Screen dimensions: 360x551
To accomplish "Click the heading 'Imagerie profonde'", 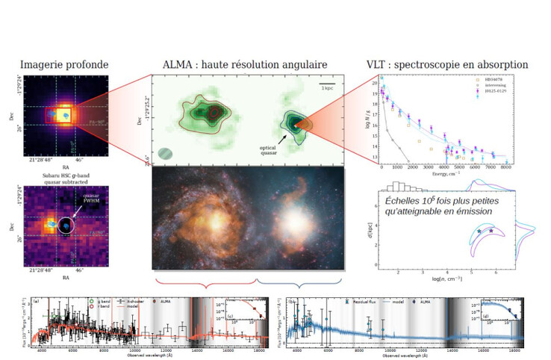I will (64, 65).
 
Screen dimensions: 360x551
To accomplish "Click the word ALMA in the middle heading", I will (171, 65).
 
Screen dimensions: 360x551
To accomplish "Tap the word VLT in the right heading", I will (379, 65).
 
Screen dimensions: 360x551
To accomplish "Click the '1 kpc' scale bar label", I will (326, 89).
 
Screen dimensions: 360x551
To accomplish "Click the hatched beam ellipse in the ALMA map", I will (166, 153).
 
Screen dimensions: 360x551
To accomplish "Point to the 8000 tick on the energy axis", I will (505, 167).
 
